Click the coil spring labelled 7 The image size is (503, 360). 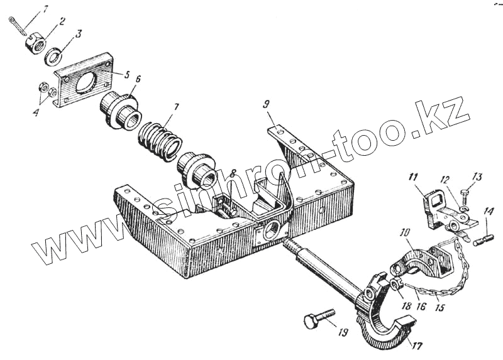click(x=158, y=141)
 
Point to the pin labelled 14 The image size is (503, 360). click(x=484, y=239)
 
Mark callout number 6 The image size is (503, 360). click(x=138, y=80)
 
